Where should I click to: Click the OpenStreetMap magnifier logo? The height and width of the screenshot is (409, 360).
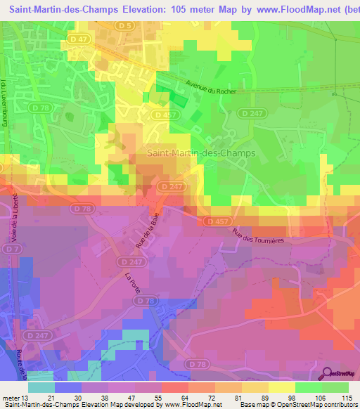(326, 373)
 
